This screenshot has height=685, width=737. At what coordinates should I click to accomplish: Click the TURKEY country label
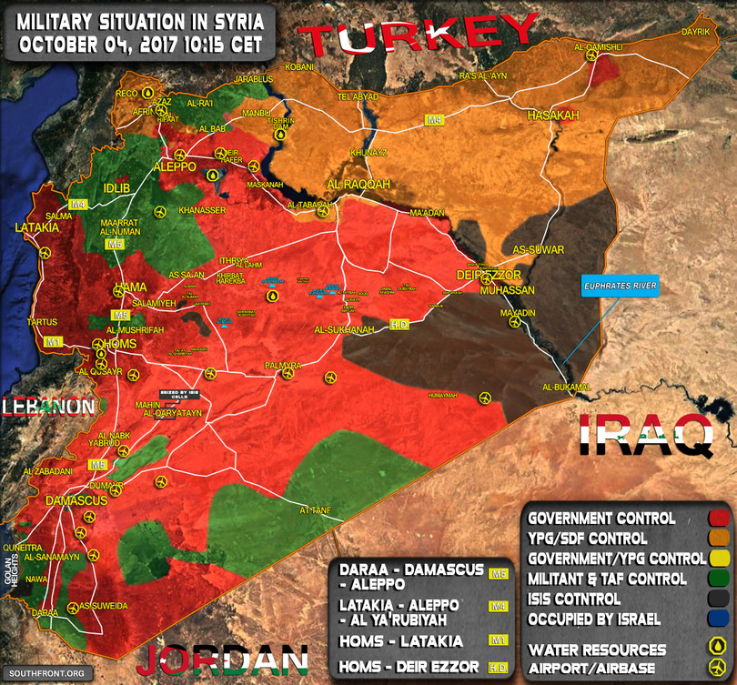pos(418,39)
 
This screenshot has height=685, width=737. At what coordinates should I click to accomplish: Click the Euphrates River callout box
pos(620,286)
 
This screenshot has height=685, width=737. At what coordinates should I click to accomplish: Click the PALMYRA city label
pos(282,365)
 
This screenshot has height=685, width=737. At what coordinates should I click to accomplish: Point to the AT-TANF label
pos(313,510)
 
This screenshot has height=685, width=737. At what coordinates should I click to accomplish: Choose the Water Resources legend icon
pos(717,646)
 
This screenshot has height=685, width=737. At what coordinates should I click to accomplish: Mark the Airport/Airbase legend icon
pos(717,666)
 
